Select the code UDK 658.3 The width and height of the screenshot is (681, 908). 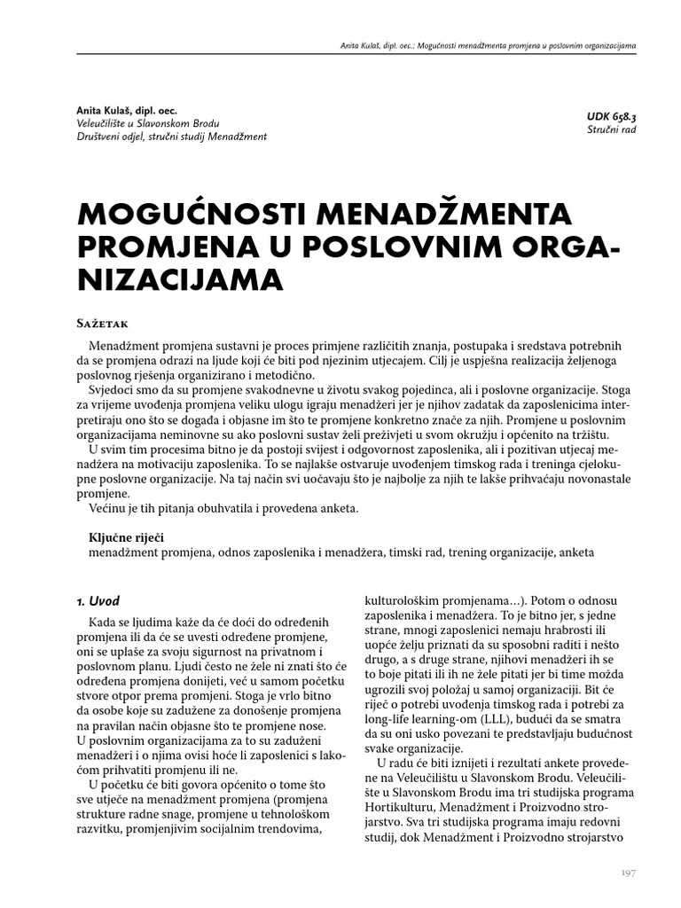611,116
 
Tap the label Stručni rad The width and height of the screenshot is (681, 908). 611,130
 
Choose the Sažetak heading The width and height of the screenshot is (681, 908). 107,323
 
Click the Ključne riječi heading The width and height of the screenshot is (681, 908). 125,537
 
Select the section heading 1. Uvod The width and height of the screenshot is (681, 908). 98,600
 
